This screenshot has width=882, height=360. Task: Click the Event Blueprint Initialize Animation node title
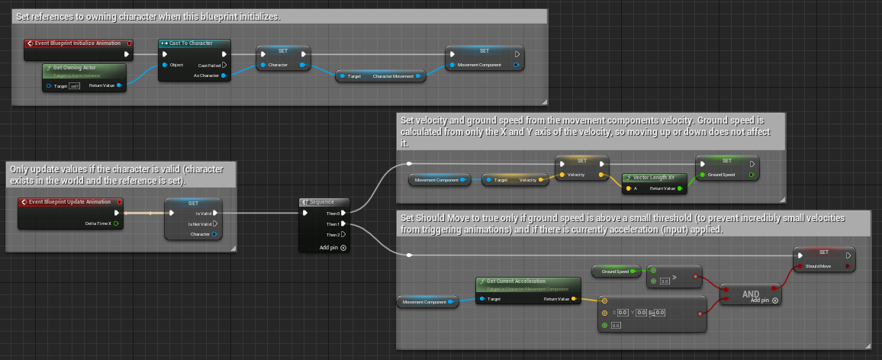tap(76, 43)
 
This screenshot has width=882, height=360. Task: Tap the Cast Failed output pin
tap(224, 65)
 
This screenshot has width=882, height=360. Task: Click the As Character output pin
tap(223, 76)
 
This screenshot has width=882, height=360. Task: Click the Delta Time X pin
tap(117, 223)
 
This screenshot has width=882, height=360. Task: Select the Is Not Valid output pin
tap(215, 223)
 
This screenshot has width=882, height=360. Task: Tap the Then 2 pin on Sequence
tap(343, 234)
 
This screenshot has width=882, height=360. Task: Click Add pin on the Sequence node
tap(333, 248)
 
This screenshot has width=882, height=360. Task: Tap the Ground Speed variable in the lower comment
tap(615, 271)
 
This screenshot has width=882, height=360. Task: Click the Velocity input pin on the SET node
tap(562, 175)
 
